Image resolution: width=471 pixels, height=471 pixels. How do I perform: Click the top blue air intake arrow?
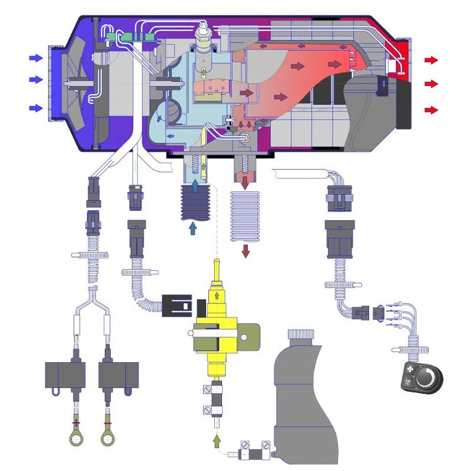(x=36, y=58)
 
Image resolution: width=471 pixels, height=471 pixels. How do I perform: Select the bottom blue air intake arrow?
(x=36, y=108)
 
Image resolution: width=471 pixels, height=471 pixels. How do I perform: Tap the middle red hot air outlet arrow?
(x=432, y=84)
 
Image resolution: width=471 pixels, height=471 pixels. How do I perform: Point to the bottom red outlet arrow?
(x=432, y=110)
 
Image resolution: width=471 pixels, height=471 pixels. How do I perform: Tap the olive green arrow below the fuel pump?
(x=217, y=439)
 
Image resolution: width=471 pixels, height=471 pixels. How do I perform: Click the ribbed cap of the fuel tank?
(x=301, y=335)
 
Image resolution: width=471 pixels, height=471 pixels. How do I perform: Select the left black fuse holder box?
(x=65, y=374)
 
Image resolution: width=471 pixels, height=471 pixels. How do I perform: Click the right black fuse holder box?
(x=118, y=374)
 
